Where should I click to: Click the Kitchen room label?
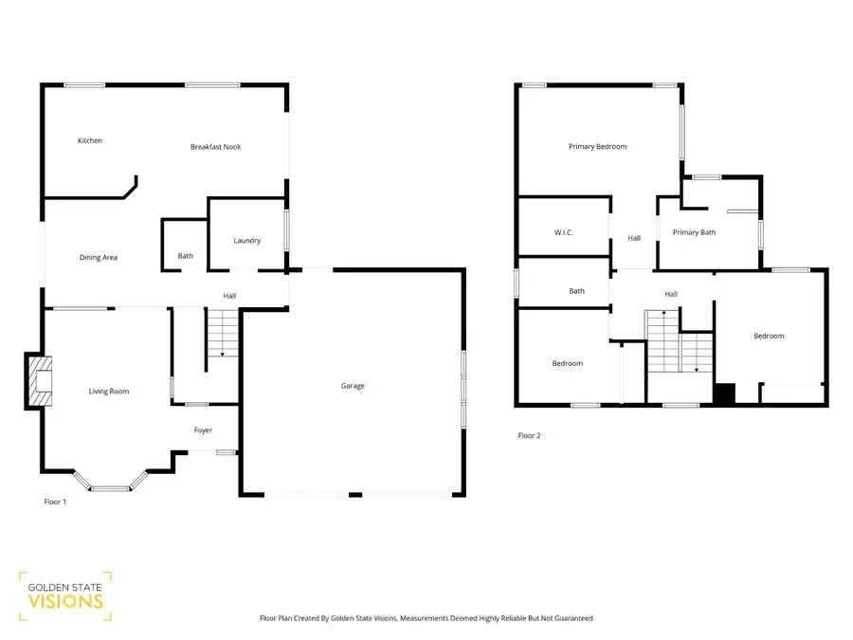pos(90,140)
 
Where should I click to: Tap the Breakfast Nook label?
pos(215,146)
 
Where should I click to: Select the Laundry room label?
pos(247,241)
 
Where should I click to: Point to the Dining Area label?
pos(99,257)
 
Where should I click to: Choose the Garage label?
pos(353,386)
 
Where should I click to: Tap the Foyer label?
pos(203,430)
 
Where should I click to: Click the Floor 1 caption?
pos(55,502)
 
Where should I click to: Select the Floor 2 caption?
pos(529,435)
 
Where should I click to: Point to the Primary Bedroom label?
pos(597,146)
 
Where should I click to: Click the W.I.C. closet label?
pos(564,232)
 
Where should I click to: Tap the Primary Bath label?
pos(694,232)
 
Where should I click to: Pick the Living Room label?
pos(109,392)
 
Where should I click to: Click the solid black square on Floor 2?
pos(724,393)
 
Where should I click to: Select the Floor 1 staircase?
pos(223,333)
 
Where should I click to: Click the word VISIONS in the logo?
pos(65,601)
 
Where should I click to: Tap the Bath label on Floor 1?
pos(186,256)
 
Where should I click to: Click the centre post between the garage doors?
pos(355,495)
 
